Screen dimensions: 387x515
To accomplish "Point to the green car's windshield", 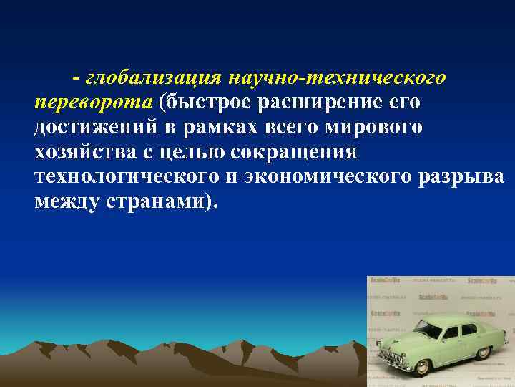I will coord(427,329).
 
